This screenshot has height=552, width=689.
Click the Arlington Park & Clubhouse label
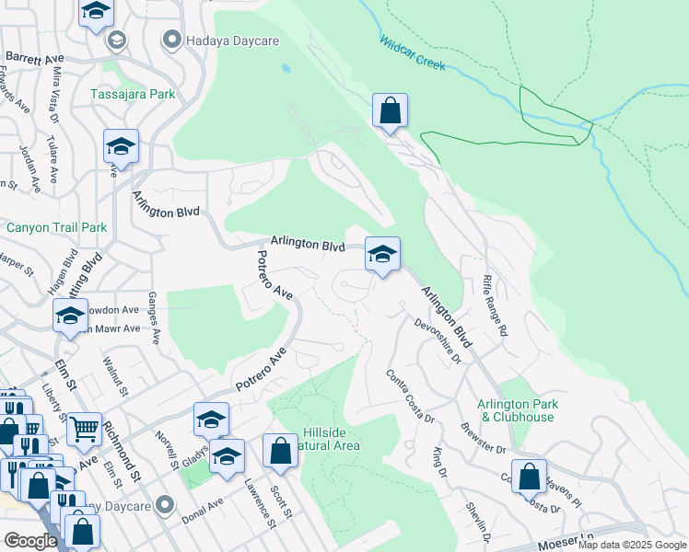coord(529,410)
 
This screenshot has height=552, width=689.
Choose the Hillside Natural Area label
coord(332,439)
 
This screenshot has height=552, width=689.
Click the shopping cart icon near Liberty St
coord(84,427)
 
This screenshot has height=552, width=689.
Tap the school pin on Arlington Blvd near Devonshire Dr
coord(382,254)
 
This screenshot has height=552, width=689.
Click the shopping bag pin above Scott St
coord(280,451)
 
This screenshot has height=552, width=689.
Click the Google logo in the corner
coord(30,541)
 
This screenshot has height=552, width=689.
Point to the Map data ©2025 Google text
coord(632,546)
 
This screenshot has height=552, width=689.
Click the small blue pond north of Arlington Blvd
coord(286,68)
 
